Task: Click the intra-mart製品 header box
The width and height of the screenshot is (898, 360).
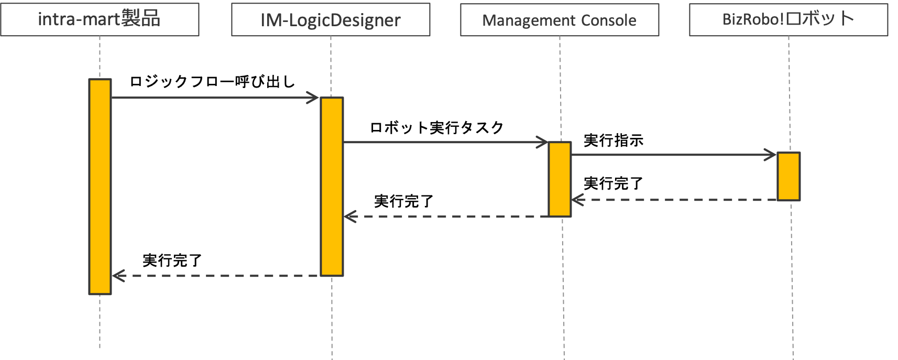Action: tap(100, 19)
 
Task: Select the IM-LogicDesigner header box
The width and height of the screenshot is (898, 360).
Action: tap(331, 20)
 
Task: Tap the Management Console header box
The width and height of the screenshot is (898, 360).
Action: tap(560, 20)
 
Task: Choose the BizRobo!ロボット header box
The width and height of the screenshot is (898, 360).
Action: tap(789, 20)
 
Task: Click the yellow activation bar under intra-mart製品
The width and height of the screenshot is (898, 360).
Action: tap(100, 187)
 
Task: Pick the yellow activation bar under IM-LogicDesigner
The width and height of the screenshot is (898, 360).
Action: tap(332, 187)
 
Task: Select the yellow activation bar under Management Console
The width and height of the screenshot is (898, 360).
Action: tap(560, 179)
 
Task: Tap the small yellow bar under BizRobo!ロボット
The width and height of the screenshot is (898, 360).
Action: tap(789, 176)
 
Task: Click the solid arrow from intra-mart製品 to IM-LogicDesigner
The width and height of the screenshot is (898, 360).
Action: tap(210, 97)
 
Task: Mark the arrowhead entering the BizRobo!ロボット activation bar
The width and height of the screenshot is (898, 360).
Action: tap(771, 155)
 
